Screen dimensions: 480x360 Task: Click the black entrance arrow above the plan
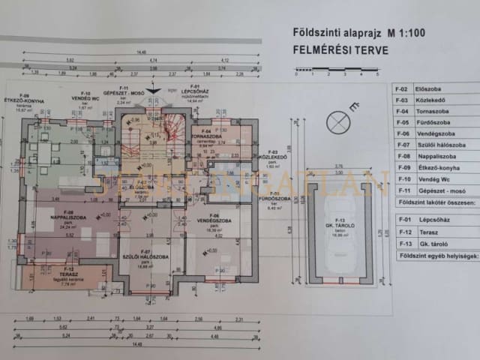(154, 91)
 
